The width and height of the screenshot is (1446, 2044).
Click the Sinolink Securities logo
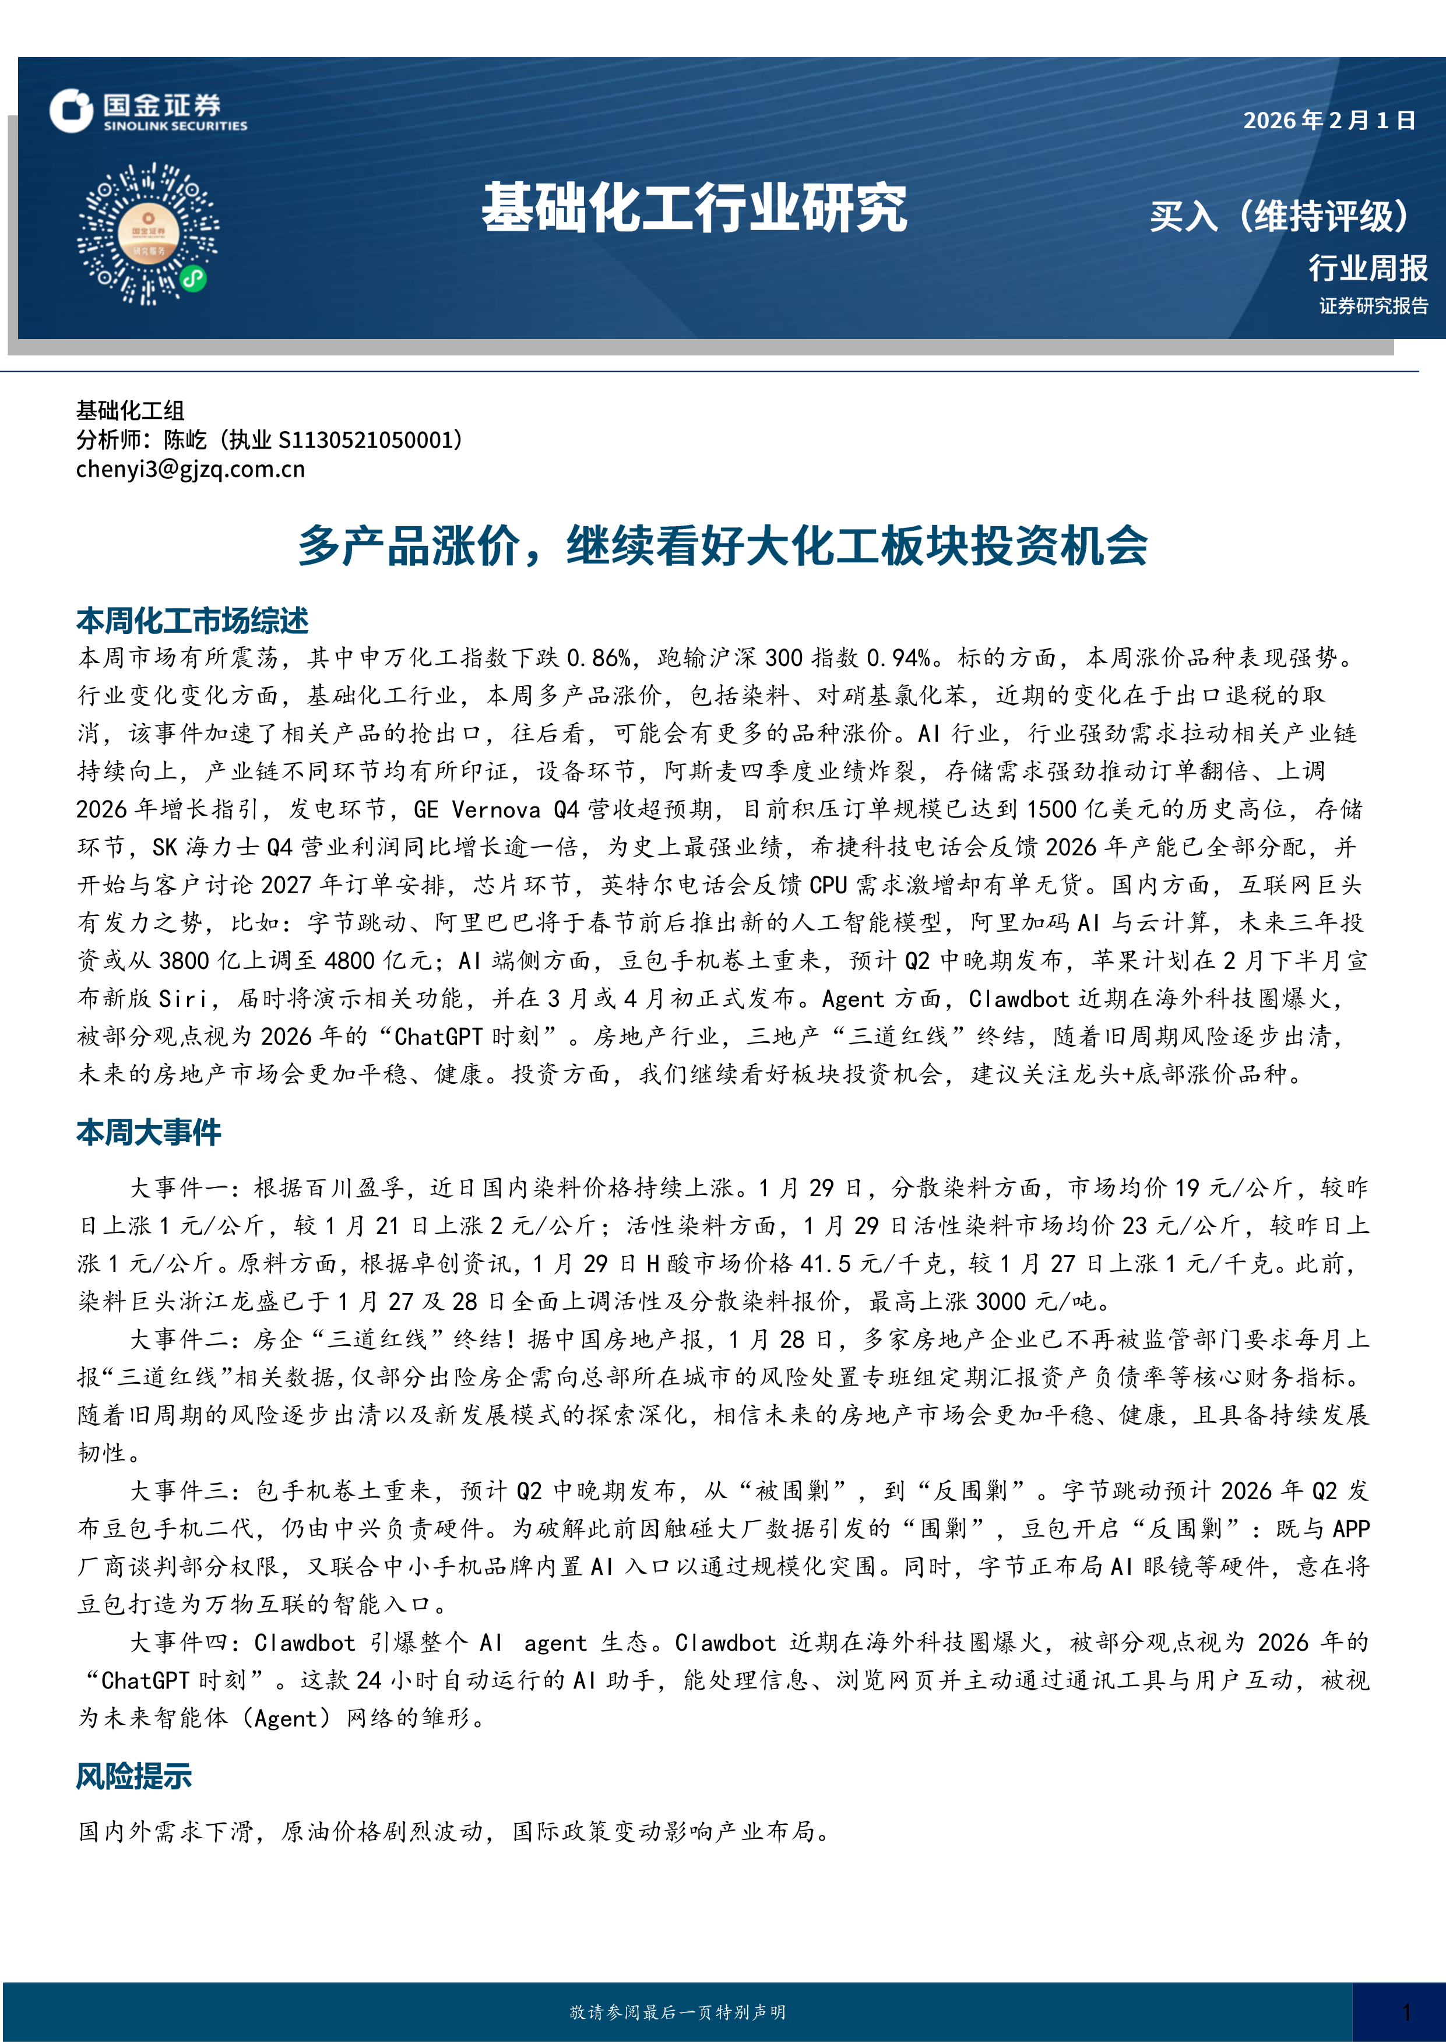[x=148, y=112]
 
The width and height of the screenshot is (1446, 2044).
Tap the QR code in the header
[x=148, y=233]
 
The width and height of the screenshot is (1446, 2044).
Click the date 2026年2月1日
[x=1328, y=120]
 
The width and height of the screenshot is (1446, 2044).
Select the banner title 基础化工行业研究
[x=695, y=209]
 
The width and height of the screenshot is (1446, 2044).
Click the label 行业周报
[x=1368, y=267]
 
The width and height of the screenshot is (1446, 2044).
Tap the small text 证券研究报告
[x=1373, y=306]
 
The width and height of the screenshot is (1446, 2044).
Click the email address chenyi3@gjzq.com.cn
[x=191, y=469]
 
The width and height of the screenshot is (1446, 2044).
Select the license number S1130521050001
[x=365, y=440]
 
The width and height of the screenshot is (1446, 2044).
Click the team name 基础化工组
[x=130, y=410]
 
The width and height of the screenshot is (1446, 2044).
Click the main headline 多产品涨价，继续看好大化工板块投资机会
[x=722, y=546]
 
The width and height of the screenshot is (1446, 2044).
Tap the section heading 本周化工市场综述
[x=192, y=621]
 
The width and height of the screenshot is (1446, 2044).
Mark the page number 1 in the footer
[x=1406, y=2012]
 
